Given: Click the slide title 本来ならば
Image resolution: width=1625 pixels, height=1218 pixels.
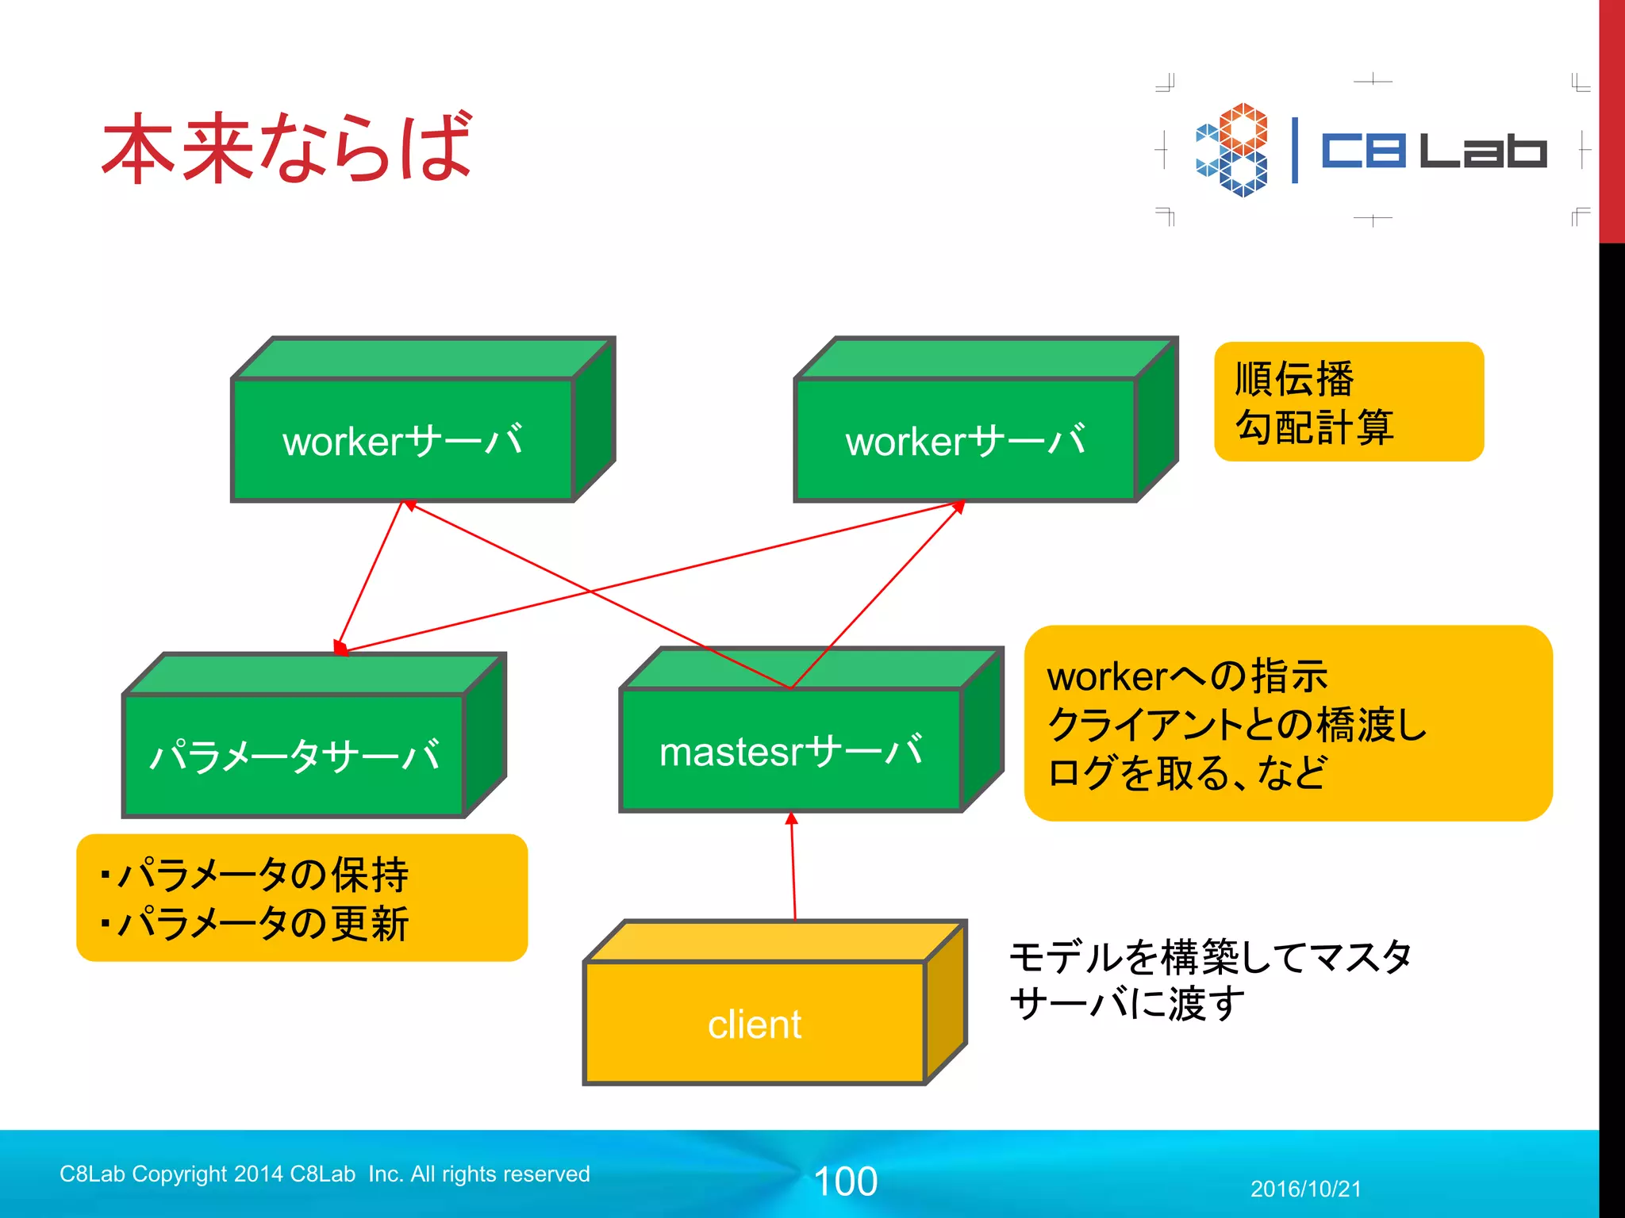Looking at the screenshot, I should tap(287, 147).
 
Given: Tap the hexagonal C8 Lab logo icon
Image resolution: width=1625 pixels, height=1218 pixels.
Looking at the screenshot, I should tap(1231, 149).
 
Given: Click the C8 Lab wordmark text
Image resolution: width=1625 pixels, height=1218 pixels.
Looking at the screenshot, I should tap(1433, 150).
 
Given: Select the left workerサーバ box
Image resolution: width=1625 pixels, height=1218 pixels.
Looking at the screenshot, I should tap(402, 440).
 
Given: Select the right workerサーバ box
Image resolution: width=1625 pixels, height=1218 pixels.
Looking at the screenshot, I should tap(966, 440).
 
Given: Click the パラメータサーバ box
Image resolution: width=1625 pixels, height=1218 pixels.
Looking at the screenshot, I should tap(294, 755).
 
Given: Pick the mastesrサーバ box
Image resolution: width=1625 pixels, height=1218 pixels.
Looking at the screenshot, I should tap(791, 750).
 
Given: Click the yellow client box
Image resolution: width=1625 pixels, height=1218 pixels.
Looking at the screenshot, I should tap(755, 1023).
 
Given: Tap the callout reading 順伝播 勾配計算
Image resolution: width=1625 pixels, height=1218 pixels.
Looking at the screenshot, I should tap(1348, 401).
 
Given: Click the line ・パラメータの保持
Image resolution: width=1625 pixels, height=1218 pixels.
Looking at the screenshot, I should tap(254, 875).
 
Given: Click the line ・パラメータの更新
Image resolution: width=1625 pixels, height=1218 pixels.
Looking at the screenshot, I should tap(254, 924).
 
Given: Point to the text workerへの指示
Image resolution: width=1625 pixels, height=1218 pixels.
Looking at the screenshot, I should tap(1186, 676).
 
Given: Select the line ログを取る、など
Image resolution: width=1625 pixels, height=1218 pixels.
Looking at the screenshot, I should tap(1186, 772).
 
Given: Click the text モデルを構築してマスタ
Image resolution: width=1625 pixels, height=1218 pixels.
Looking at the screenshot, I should tap(1210, 956).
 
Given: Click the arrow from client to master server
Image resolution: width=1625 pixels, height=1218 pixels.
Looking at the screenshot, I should tap(793, 866).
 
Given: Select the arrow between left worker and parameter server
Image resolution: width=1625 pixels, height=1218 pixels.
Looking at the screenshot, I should tap(371, 575).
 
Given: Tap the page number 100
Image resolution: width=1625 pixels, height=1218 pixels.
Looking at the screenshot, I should tap(846, 1182).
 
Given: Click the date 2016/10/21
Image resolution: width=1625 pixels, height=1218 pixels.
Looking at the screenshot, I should tap(1305, 1189).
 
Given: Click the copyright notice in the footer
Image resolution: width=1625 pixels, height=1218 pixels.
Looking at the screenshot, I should tap(325, 1174).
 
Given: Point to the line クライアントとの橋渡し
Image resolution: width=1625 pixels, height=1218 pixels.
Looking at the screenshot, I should tap(1236, 724).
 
